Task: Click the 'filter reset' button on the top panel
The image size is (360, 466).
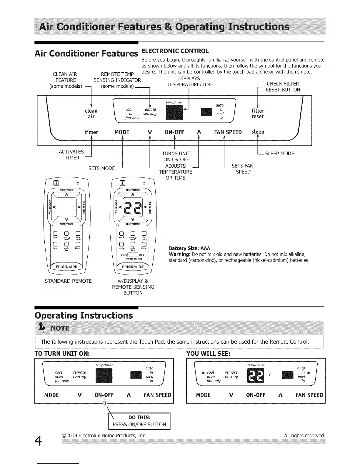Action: click(258, 114)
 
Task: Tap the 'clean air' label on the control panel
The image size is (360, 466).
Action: click(91, 114)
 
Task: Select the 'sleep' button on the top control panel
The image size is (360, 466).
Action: click(258, 132)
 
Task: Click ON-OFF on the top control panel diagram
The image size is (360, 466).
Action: click(174, 132)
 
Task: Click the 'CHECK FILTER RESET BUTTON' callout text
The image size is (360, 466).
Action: click(283, 87)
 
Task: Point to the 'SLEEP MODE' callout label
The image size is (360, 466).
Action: click(279, 154)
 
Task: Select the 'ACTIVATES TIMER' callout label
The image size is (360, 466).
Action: click(71, 155)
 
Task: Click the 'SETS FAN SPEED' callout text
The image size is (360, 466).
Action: click(243, 169)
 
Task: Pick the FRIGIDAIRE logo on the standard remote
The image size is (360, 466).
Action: click(67, 267)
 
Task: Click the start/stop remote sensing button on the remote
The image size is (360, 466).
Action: click(133, 255)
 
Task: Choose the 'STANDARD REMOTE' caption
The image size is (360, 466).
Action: click(68, 281)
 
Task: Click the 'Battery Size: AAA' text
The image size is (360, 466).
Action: click(189, 248)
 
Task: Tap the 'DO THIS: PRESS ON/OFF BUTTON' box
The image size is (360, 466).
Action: click(139, 421)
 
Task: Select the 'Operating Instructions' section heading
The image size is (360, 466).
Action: click(84, 315)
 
